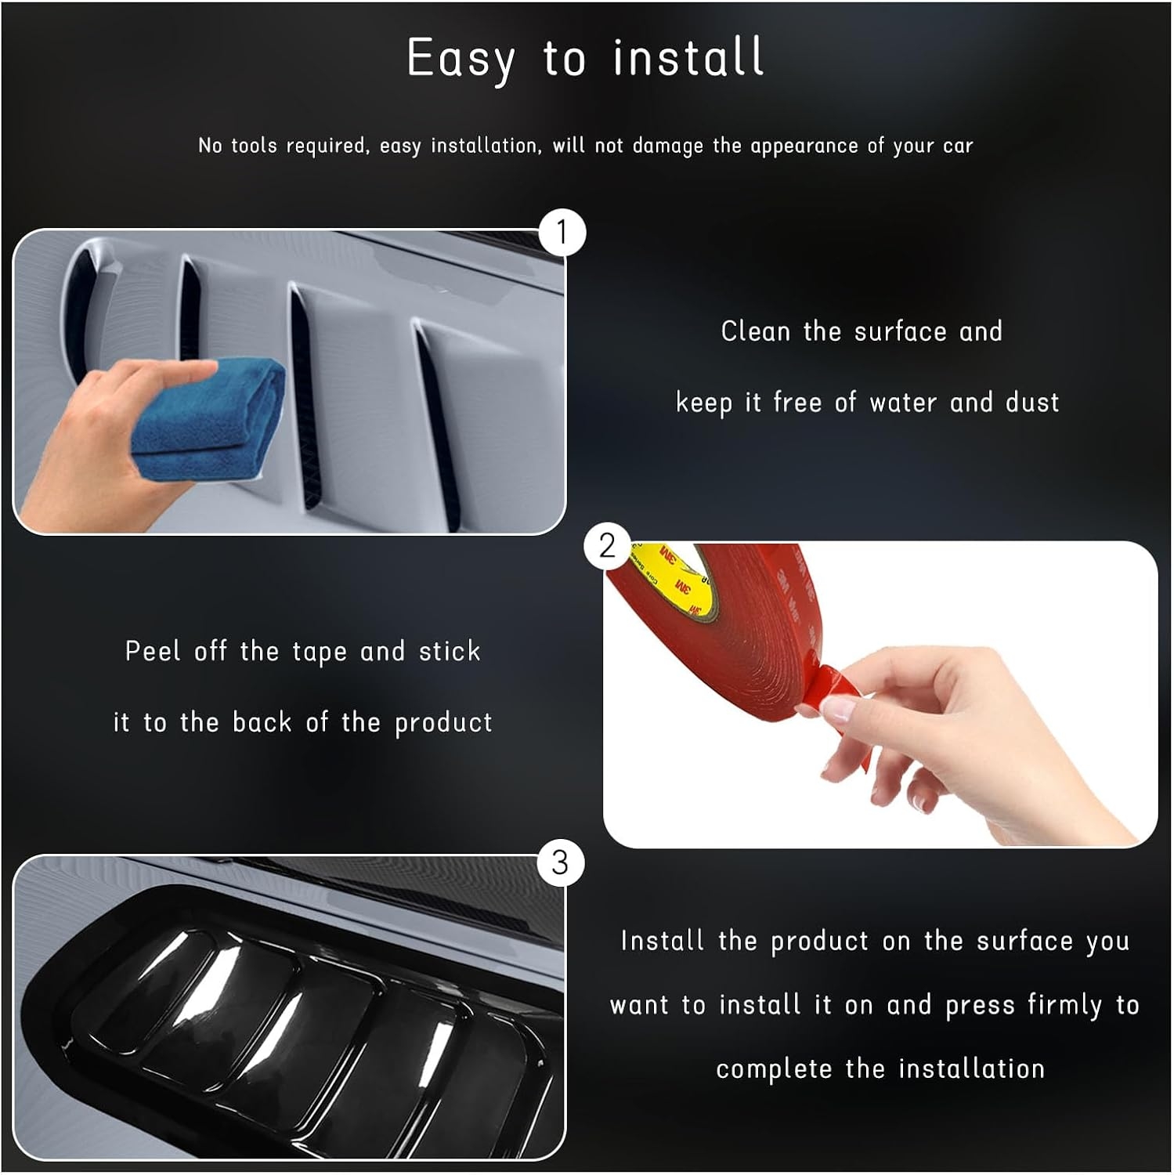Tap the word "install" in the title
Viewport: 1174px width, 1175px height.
coord(688,56)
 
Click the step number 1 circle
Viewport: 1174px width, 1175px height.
coord(562,233)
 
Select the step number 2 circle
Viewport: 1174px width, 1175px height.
coord(607,545)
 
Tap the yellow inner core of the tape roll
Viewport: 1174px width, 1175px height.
coord(685,576)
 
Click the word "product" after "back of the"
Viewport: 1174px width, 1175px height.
coord(443,723)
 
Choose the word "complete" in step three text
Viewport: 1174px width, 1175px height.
coord(774,1070)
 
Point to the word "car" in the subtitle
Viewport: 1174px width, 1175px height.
coord(958,146)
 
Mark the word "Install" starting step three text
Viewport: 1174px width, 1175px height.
coord(663,941)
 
